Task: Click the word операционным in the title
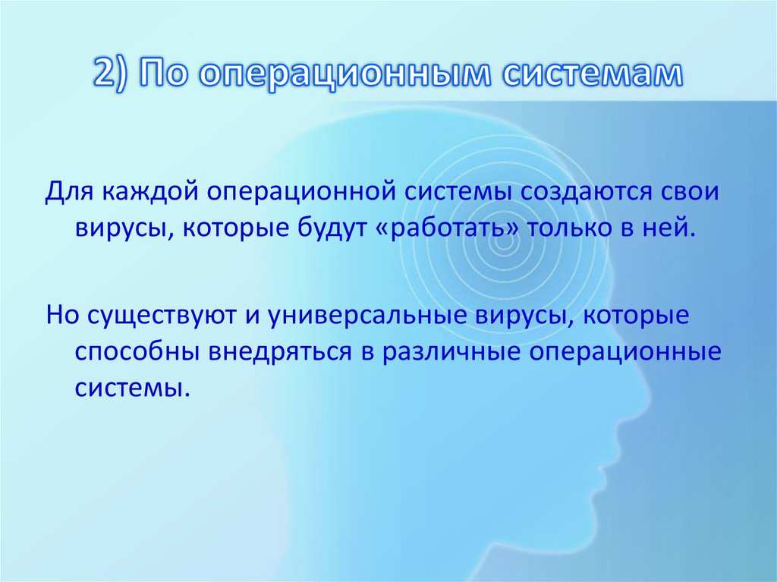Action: point(341,77)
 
